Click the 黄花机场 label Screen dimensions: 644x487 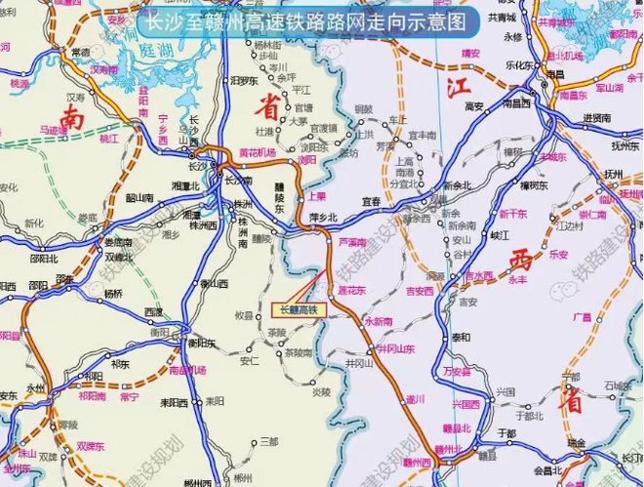[258, 153]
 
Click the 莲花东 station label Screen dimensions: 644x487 [350, 291]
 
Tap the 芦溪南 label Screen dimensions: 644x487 [352, 241]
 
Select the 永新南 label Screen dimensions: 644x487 [382, 320]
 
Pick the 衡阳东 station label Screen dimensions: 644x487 [201, 343]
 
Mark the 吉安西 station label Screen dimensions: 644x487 [420, 291]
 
